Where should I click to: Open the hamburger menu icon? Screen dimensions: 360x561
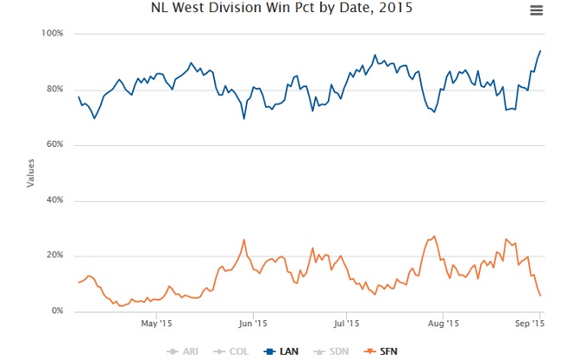coord(536,9)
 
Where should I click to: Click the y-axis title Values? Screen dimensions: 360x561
coord(30,173)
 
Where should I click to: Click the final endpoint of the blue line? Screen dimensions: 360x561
coord(540,51)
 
